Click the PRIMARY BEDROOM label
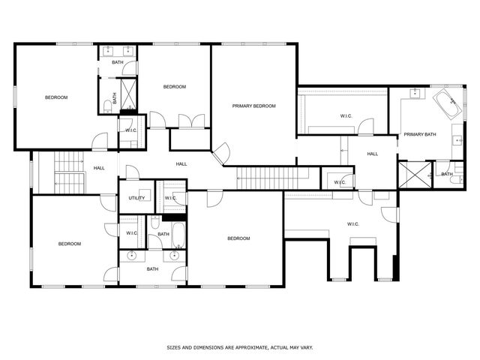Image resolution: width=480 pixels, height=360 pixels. [x=253, y=106]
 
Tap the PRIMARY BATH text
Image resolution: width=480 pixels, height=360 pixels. [x=419, y=134]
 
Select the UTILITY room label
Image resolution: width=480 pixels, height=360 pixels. [x=136, y=198]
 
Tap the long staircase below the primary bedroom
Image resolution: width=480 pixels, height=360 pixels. [x=273, y=178]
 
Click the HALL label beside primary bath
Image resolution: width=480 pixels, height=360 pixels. [x=372, y=154]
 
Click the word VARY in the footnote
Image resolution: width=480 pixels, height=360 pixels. [x=305, y=347]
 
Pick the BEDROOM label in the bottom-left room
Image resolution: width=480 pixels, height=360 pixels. [x=70, y=244]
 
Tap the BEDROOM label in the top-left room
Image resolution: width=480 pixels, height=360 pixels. [x=56, y=97]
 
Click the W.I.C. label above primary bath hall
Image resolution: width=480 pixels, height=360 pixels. [x=346, y=115]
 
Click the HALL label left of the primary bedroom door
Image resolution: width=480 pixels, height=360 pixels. [x=181, y=164]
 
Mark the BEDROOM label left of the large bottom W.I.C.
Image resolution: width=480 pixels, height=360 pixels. [x=238, y=238]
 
